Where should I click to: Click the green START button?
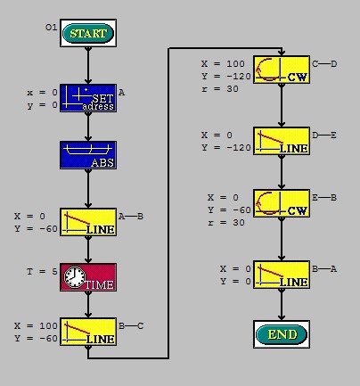point(88,33)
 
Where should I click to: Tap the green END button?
point(282,334)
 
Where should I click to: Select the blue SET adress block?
point(88,98)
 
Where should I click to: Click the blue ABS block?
point(88,155)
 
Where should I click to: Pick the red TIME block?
point(88,277)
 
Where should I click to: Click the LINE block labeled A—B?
point(88,222)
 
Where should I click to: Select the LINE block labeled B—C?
point(88,332)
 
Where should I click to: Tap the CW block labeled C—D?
point(282,70)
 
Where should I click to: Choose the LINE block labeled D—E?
point(282,141)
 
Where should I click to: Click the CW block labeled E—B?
point(282,203)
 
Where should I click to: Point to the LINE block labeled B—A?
point(282,275)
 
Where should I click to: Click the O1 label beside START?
point(51,28)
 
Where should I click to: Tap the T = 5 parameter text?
point(42,272)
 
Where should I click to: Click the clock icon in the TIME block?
point(75,277)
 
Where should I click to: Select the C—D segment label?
point(324,64)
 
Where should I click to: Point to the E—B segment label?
point(324,198)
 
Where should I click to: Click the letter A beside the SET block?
point(121,93)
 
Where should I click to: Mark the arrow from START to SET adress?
point(88,65)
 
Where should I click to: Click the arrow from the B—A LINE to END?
point(282,304)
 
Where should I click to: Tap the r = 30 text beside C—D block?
point(220,89)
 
